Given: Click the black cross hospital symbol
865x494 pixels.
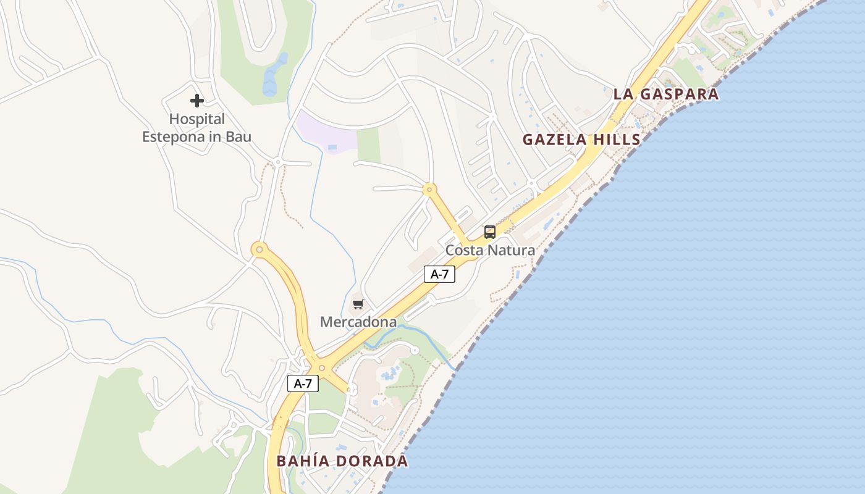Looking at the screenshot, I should pyautogui.click(x=197, y=100).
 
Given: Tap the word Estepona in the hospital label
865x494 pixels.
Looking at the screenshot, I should pyautogui.click(x=174, y=136).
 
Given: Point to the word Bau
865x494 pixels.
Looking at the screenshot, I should pyautogui.click(x=238, y=136).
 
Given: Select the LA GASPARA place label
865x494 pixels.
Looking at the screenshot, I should pyautogui.click(x=666, y=94).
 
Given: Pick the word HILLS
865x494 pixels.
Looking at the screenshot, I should pyautogui.click(x=617, y=140).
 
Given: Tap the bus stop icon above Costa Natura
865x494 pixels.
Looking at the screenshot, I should pyautogui.click(x=490, y=232).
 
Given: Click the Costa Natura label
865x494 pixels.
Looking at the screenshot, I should pyautogui.click(x=490, y=250).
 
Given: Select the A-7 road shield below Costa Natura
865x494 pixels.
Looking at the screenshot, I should pyautogui.click(x=439, y=274).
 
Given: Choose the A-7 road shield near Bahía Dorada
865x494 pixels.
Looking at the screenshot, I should pyautogui.click(x=303, y=383).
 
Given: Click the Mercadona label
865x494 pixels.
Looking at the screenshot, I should pyautogui.click(x=358, y=322).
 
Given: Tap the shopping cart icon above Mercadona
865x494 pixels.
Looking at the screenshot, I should pyautogui.click(x=358, y=304).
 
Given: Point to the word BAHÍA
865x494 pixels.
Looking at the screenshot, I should pyautogui.click(x=303, y=461).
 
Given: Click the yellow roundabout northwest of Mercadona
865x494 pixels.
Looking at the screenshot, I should pyautogui.click(x=259, y=249).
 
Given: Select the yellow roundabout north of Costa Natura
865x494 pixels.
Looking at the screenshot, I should pyautogui.click(x=429, y=188).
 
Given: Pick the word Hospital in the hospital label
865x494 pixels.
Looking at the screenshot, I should pyautogui.click(x=197, y=119).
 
